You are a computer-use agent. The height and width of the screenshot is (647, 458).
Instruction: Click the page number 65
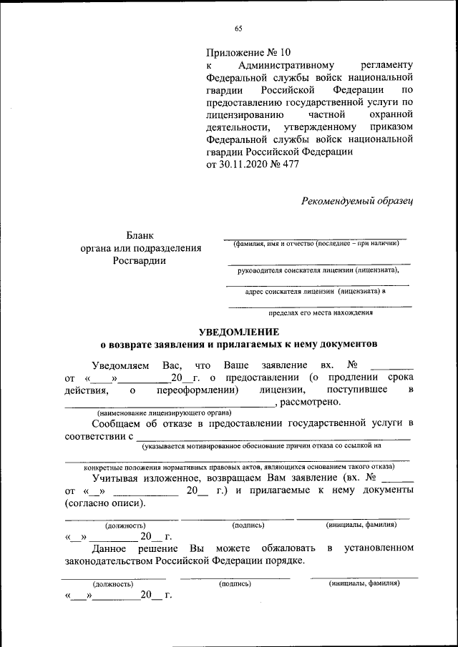[x=238, y=29]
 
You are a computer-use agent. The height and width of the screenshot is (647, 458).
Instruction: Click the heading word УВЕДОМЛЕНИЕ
[x=238, y=331]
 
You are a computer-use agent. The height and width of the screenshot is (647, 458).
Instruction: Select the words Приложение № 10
[x=249, y=52]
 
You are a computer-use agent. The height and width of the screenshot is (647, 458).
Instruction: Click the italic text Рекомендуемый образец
[x=358, y=201]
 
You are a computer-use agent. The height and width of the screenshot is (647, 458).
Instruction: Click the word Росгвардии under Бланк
[x=140, y=261]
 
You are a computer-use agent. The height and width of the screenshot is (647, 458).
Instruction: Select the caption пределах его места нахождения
[x=319, y=312]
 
